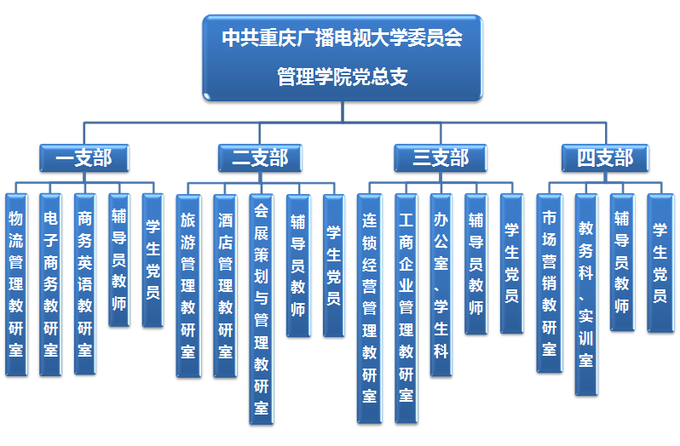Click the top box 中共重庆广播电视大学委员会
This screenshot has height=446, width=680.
(342, 57)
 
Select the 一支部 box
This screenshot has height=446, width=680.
(84, 157)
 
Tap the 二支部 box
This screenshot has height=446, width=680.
(260, 157)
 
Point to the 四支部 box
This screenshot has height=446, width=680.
(604, 157)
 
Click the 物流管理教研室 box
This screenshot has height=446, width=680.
(16, 283)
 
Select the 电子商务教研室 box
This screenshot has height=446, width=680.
(51, 283)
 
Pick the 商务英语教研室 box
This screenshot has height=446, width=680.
(85, 283)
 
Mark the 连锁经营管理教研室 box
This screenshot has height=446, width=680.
(369, 307)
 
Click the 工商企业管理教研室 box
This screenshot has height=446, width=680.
(406, 307)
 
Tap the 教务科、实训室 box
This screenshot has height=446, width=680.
(585, 294)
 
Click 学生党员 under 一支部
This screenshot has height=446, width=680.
(153, 260)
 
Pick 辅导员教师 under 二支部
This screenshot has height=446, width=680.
(297, 265)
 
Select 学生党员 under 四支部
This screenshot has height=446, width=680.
(660, 262)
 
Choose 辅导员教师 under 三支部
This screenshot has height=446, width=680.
(475, 263)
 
